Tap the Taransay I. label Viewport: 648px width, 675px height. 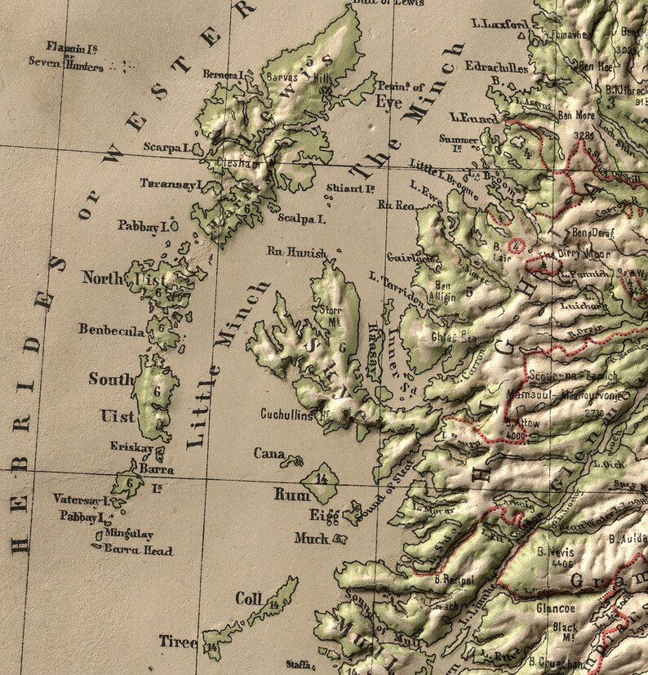pyautogui.click(x=170, y=184)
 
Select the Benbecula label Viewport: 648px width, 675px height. pyautogui.click(x=112, y=330)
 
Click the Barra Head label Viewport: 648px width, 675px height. pyautogui.click(x=139, y=551)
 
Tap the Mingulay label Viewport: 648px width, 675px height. pyautogui.click(x=129, y=535)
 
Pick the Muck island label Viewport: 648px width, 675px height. pyautogui.click(x=312, y=540)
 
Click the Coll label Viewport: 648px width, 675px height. pyautogui.click(x=249, y=599)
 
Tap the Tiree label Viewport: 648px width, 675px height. pyautogui.click(x=178, y=642)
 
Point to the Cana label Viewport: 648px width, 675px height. pyautogui.click(x=269, y=453)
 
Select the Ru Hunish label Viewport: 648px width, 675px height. pyautogui.click(x=296, y=252)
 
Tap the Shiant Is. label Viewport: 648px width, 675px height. pyautogui.click(x=349, y=189)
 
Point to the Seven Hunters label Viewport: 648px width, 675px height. pyautogui.click(x=66, y=63)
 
